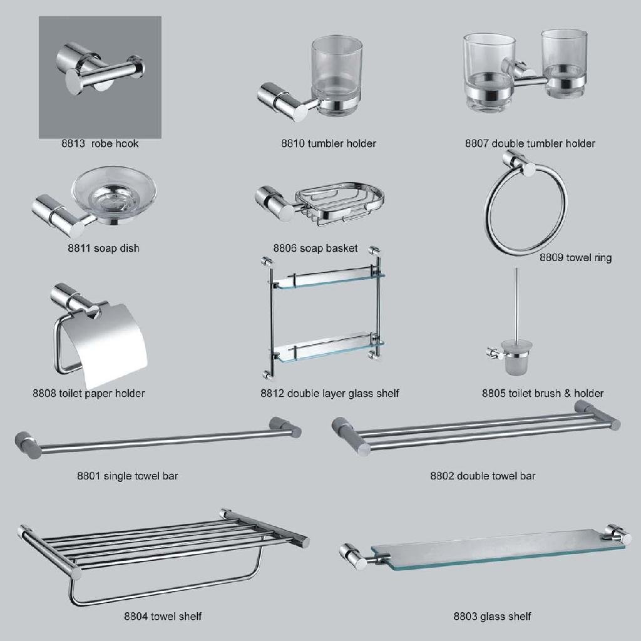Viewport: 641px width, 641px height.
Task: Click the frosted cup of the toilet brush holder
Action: pos(515,359)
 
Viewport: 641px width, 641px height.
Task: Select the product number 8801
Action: pos(88,476)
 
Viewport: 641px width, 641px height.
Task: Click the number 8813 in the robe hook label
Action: pos(73,143)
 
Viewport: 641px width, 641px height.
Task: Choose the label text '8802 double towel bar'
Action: pos(482,476)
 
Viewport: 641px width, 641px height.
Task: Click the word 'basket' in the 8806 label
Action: pos(342,249)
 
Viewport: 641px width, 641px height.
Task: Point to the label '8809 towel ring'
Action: pos(575,257)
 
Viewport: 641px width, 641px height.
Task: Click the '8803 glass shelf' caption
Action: pos(492,617)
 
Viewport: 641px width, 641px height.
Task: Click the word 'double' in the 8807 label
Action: pos(508,143)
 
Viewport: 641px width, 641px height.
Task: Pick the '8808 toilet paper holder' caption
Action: pos(88,394)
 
